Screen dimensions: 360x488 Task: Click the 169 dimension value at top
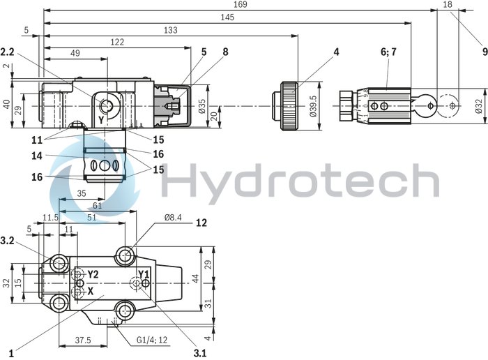pyautogui.click(x=241, y=5)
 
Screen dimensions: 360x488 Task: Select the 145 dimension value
pyautogui.click(x=227, y=17)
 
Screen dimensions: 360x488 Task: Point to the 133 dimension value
pyautogui.click(x=169, y=30)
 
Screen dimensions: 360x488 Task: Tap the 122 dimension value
pyautogui.click(x=117, y=43)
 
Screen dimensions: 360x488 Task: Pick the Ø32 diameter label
pyautogui.click(x=479, y=105)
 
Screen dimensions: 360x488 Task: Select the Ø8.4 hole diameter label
pyautogui.click(x=173, y=218)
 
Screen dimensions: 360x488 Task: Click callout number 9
pyautogui.click(x=483, y=50)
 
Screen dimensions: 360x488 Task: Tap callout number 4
pyautogui.click(x=336, y=52)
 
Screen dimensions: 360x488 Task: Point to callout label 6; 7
pyautogui.click(x=388, y=52)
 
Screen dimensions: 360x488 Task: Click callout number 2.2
pyautogui.click(x=8, y=52)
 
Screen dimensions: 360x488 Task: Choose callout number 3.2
pyautogui.click(x=8, y=240)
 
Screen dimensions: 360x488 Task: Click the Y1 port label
pyautogui.click(x=144, y=273)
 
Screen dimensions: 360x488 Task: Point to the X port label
pyautogui.click(x=90, y=290)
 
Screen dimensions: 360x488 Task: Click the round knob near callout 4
pyautogui.click(x=289, y=106)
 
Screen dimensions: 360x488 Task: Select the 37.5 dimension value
pyautogui.click(x=84, y=340)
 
